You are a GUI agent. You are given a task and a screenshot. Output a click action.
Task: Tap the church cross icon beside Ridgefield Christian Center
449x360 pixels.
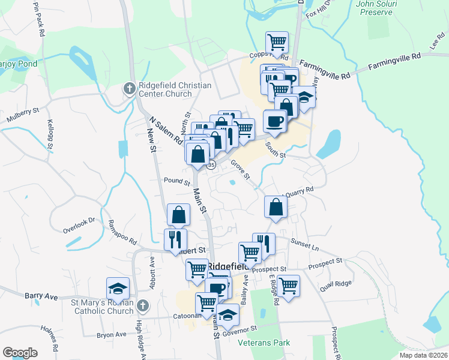129,89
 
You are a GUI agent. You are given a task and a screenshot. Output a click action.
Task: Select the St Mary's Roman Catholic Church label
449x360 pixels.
103,307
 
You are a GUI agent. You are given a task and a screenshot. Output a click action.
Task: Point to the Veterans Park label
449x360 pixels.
264,343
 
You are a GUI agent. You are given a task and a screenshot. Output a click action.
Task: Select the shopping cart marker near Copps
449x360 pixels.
277,42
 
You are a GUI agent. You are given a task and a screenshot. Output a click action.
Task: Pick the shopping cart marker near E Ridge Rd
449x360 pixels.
288,285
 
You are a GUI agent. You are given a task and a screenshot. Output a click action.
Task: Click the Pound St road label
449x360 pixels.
176,181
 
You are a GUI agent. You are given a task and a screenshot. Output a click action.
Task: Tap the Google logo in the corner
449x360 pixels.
20,353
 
